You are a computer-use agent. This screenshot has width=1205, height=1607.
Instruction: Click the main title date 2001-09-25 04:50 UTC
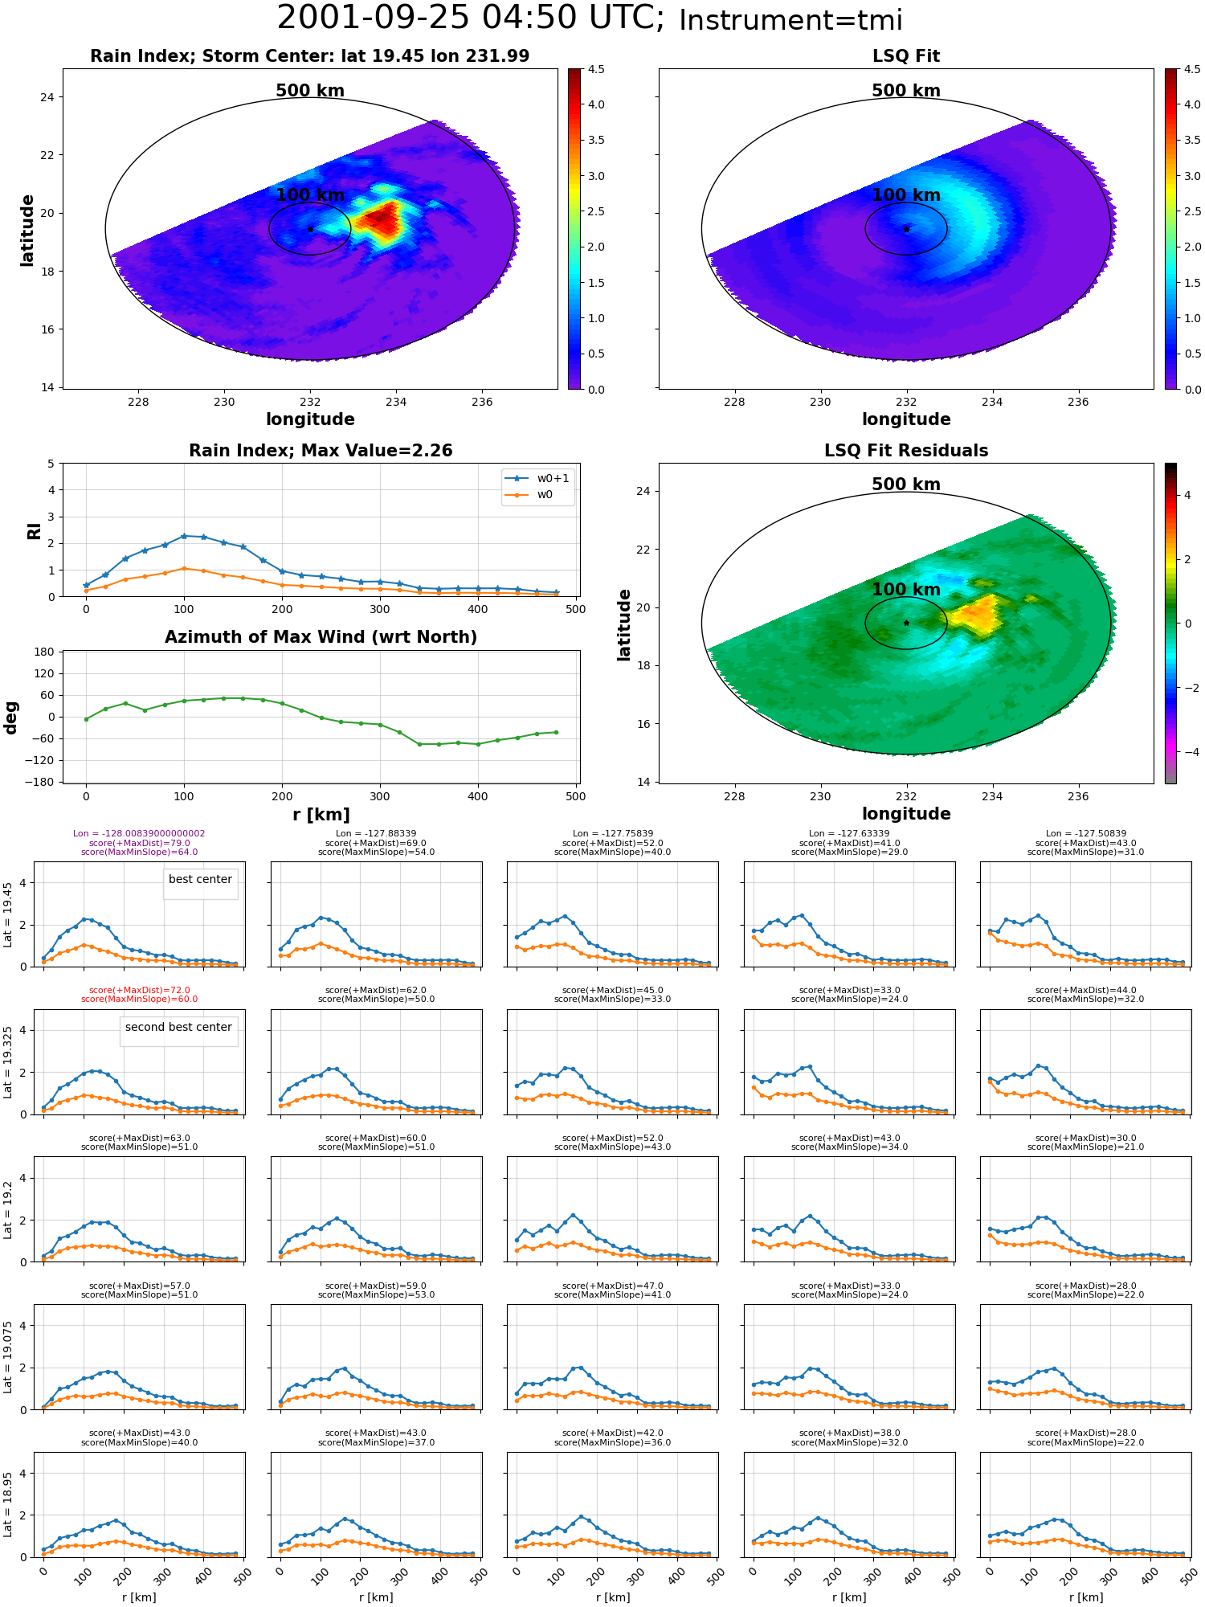pyautogui.click(x=471, y=18)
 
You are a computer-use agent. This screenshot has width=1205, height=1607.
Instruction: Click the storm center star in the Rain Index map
pyautogui.click(x=310, y=229)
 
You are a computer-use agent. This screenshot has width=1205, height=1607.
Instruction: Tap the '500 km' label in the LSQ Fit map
pyautogui.click(x=906, y=91)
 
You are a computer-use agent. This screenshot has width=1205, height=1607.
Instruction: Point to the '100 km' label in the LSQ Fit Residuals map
pyautogui.click(x=906, y=590)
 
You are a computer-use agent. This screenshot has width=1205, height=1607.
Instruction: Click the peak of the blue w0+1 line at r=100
pyautogui.click(x=184, y=536)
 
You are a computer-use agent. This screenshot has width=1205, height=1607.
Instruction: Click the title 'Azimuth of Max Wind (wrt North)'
pyautogui.click(x=321, y=637)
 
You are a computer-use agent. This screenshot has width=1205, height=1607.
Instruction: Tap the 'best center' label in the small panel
pyautogui.click(x=200, y=879)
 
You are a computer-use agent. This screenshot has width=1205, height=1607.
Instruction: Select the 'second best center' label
pyautogui.click(x=178, y=1027)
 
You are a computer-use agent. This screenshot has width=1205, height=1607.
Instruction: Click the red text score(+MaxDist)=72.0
pyautogui.click(x=140, y=991)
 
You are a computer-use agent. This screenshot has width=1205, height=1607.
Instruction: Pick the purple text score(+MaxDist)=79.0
pyautogui.click(x=140, y=843)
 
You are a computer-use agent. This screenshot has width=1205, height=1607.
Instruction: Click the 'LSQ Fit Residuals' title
pyautogui.click(x=906, y=451)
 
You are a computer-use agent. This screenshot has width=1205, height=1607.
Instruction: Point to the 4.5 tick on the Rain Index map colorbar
pyautogui.click(x=595, y=69)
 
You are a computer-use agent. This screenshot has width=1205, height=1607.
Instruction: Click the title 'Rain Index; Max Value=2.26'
pyautogui.click(x=321, y=451)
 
